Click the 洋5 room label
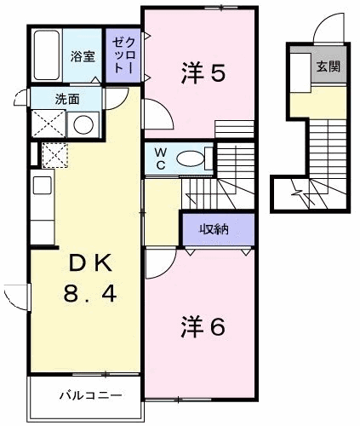(x=203, y=73)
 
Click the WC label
(x=157, y=158)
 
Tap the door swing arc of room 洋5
(x=155, y=115)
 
